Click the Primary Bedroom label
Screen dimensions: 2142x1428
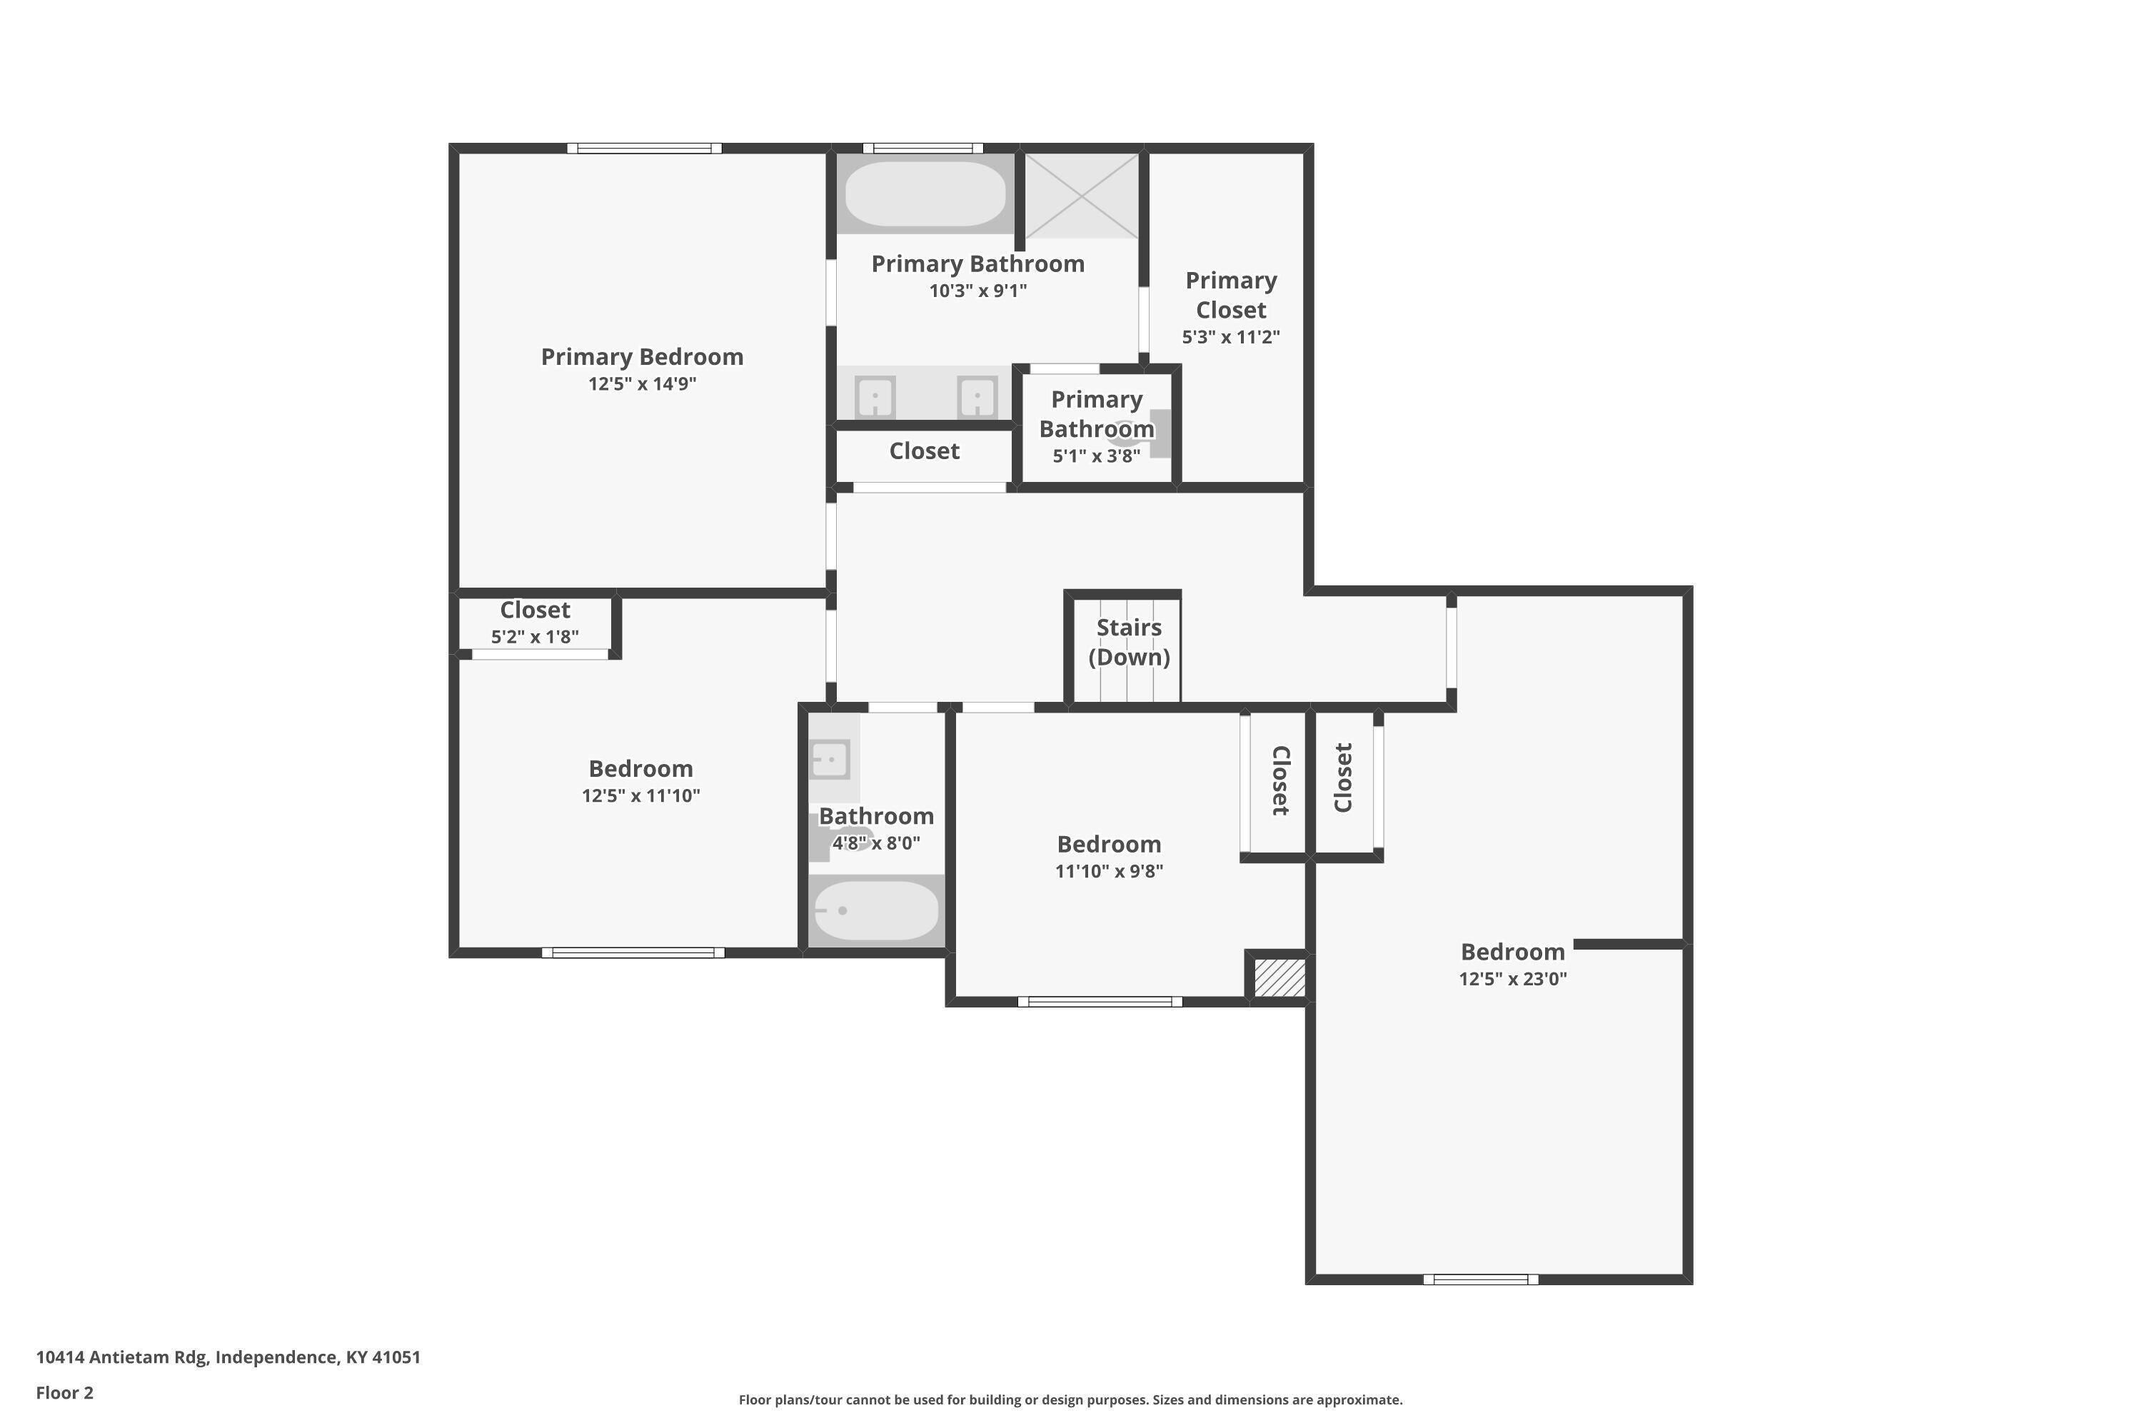(642, 357)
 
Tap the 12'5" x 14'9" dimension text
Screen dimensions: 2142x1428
(642, 383)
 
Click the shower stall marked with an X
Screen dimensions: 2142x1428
(1082, 196)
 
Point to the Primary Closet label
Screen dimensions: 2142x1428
(1231, 295)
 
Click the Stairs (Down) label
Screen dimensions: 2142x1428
(1130, 642)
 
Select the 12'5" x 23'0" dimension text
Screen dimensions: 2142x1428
(1513, 979)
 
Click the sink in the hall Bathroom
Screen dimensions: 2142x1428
(830, 758)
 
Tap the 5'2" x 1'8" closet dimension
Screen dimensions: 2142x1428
(535, 637)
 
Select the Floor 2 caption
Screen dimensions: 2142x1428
(65, 1392)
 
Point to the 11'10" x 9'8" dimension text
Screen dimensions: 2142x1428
(1110, 870)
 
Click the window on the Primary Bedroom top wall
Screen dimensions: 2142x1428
(645, 149)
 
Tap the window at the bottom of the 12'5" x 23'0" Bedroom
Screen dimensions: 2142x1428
(1481, 1279)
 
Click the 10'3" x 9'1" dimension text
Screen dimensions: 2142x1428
(978, 291)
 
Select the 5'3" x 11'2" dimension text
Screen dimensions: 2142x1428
(1231, 337)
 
